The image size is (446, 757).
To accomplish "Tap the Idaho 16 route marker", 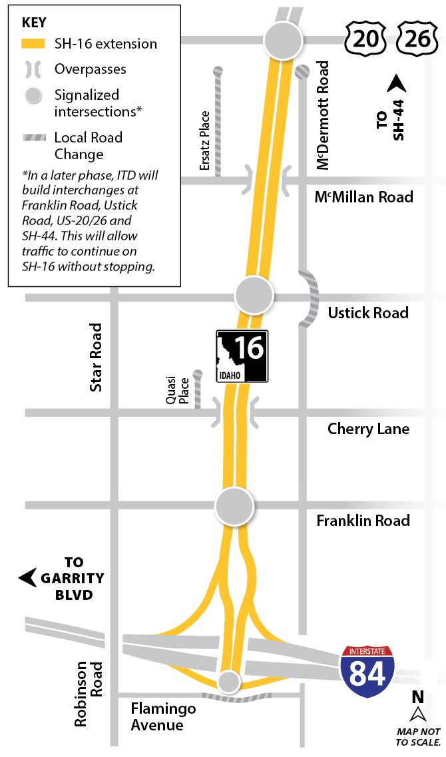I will (x=242, y=357).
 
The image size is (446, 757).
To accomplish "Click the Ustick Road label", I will (x=368, y=313).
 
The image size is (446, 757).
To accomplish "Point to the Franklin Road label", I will (x=363, y=521).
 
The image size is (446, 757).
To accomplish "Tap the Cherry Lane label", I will (x=368, y=429).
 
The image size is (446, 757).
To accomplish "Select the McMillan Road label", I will (x=363, y=197).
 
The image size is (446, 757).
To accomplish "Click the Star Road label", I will (x=97, y=357).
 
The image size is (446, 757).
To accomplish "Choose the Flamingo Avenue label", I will (x=163, y=716).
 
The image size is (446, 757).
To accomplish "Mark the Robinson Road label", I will (x=88, y=693).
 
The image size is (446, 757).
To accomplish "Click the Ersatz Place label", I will (x=205, y=140).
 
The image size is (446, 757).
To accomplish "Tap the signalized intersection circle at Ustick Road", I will (x=254, y=294).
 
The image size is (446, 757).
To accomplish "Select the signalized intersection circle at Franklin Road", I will (x=234, y=507).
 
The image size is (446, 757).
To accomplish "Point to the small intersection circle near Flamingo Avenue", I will (x=229, y=681).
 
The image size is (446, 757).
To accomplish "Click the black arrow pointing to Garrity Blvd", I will (x=28, y=577).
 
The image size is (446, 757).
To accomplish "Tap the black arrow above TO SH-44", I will (x=397, y=85).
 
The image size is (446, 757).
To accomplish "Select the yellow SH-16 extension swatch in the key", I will (x=33, y=44).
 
